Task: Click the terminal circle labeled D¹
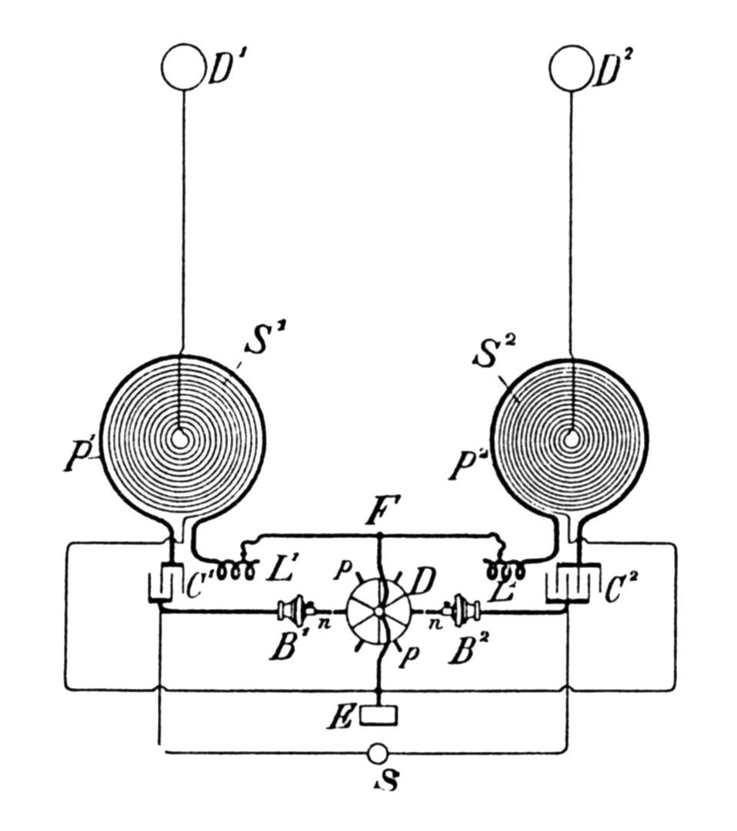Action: [x=182, y=68]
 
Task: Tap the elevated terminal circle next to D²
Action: [x=570, y=68]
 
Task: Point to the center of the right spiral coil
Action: [x=570, y=439]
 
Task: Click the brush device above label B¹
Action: [x=293, y=611]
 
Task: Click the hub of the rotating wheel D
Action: [x=378, y=611]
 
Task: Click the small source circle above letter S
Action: [x=378, y=753]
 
